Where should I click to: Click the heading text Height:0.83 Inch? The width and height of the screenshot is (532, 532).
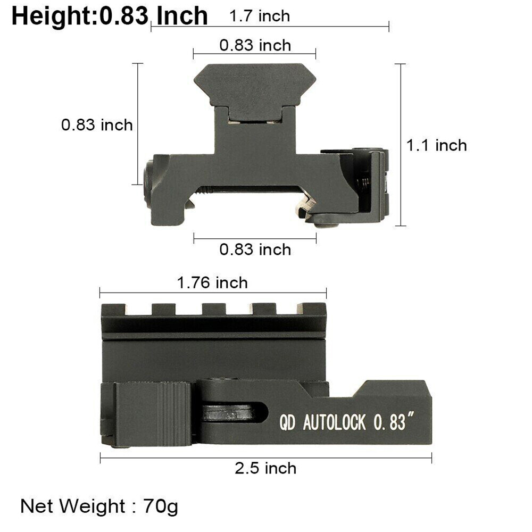pyautogui.click(x=109, y=16)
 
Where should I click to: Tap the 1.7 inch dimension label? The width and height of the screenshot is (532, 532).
pyautogui.click(x=260, y=16)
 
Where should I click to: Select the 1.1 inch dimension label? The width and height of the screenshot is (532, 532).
pyautogui.click(x=437, y=145)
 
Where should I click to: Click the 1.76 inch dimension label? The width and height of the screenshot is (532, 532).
pyautogui.click(x=213, y=282)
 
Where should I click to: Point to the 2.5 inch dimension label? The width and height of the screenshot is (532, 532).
pyautogui.click(x=265, y=468)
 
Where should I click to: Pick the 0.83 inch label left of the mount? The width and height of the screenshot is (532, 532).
pyautogui.click(x=97, y=125)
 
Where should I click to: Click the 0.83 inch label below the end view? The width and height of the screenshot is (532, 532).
pyautogui.click(x=255, y=250)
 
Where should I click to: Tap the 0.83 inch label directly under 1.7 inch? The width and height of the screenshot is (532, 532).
pyautogui.click(x=255, y=45)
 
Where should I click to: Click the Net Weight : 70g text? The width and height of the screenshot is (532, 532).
pyautogui.click(x=99, y=506)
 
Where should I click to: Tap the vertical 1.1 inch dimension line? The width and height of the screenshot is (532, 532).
pyautogui.click(x=401, y=145)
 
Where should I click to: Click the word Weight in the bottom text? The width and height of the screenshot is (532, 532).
pyautogui.click(x=92, y=506)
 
